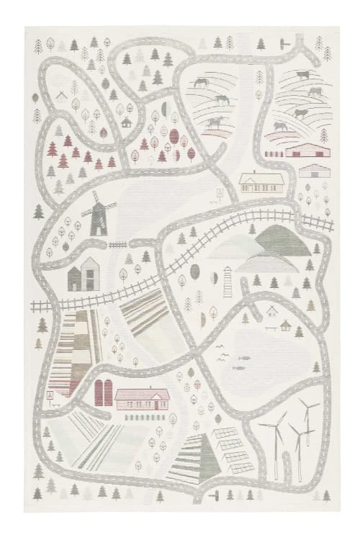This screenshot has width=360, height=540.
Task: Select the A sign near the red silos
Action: point(50,395)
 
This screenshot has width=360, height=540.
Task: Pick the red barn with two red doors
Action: point(307,150)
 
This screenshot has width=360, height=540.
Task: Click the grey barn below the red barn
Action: point(315,171)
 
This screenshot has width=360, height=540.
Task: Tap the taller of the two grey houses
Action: point(89,274)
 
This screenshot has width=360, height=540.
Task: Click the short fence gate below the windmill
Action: point(117,246)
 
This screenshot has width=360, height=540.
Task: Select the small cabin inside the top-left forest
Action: point(126,122)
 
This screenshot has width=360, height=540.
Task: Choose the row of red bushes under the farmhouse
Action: point(144,417)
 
